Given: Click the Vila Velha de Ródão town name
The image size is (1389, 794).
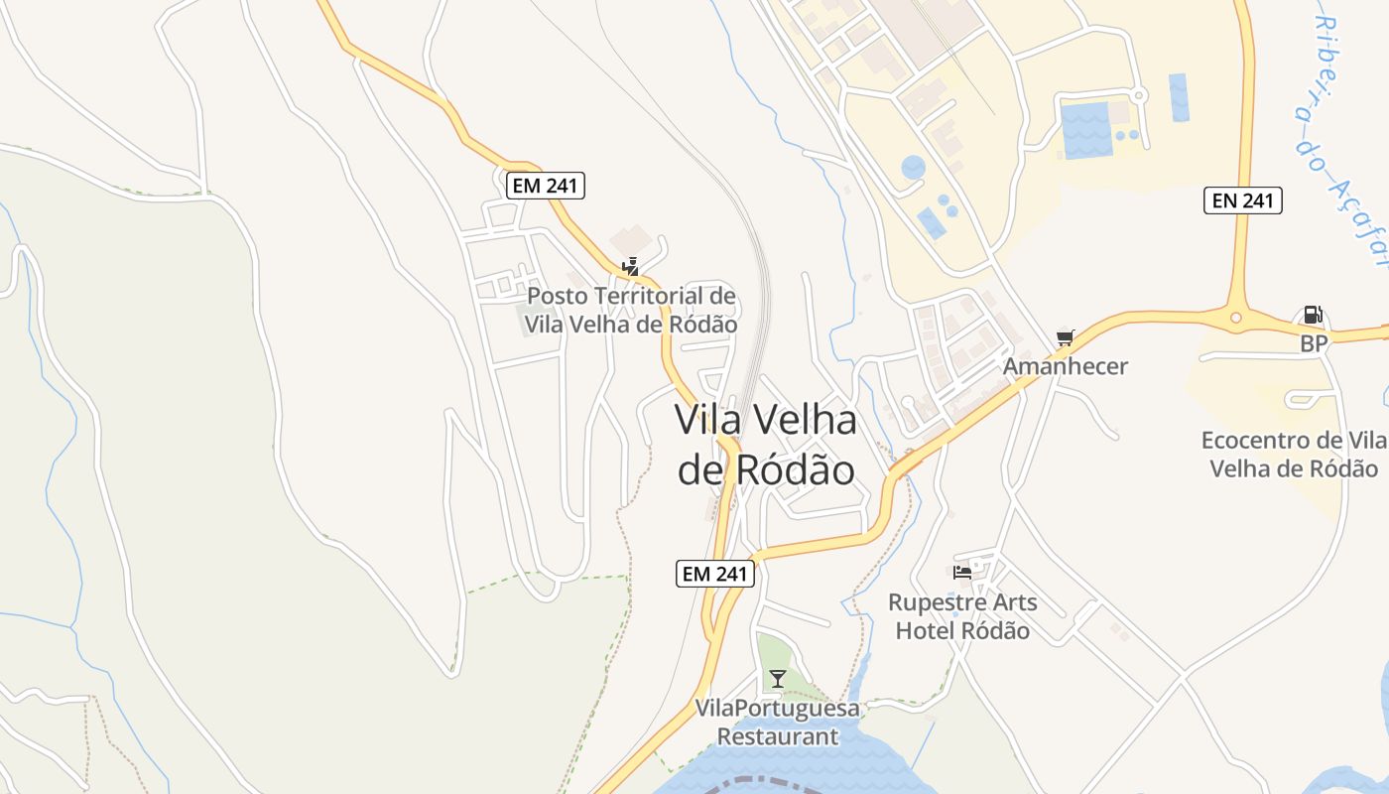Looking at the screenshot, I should click(765, 445).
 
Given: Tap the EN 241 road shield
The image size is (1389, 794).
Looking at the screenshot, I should click(1243, 200).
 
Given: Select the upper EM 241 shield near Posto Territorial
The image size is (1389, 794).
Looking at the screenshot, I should click(546, 186).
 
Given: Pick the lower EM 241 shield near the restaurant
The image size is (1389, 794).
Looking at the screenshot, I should click(715, 574).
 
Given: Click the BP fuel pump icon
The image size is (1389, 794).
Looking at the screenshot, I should click(1312, 316).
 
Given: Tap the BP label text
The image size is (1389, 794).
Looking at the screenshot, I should click(1314, 344).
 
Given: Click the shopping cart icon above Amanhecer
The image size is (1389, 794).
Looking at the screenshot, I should click(1066, 337).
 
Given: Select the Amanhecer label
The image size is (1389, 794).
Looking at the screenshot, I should click(1066, 366).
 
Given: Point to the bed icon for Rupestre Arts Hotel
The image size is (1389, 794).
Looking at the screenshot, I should click(961, 572).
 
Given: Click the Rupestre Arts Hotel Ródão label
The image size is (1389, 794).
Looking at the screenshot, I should click(962, 616).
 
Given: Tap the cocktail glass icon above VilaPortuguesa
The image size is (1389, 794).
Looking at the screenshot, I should click(778, 679).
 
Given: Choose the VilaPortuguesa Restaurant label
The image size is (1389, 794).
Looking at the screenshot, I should click(778, 723).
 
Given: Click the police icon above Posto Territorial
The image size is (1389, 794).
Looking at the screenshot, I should click(630, 266).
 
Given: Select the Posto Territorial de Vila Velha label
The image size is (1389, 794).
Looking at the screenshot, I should click(631, 310).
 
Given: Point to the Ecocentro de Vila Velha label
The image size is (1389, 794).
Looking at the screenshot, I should click(1294, 455).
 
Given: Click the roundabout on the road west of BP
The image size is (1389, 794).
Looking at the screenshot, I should click(1236, 319).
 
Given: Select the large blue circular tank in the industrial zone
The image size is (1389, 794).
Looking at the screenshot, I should click(913, 168).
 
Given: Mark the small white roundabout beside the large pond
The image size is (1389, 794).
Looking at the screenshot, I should click(1139, 96).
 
